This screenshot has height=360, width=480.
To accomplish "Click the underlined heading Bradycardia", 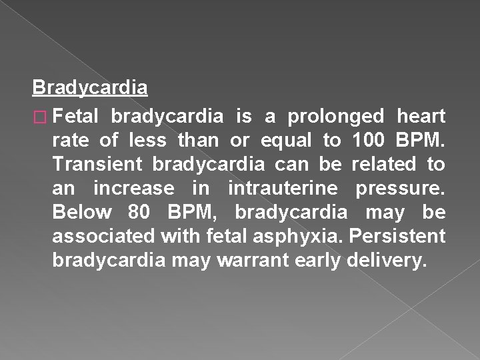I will pos(90,87).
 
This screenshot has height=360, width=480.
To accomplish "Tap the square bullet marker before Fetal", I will pos(40,117).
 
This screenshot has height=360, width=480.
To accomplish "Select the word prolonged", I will pos(335,117).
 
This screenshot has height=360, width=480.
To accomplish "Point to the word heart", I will pos(421,117).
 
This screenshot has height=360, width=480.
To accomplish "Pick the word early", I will pos(320,260).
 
